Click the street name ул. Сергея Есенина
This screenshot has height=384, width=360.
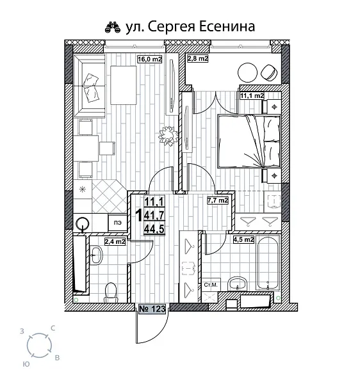192,26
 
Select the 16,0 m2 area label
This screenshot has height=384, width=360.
150,60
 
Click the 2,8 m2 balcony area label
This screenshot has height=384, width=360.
198,60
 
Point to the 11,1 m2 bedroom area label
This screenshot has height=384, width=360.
252,96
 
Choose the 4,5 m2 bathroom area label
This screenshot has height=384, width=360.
243,240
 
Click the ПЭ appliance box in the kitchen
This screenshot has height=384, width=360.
117,222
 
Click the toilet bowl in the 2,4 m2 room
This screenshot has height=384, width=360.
110,291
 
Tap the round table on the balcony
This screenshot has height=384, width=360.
248,72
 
